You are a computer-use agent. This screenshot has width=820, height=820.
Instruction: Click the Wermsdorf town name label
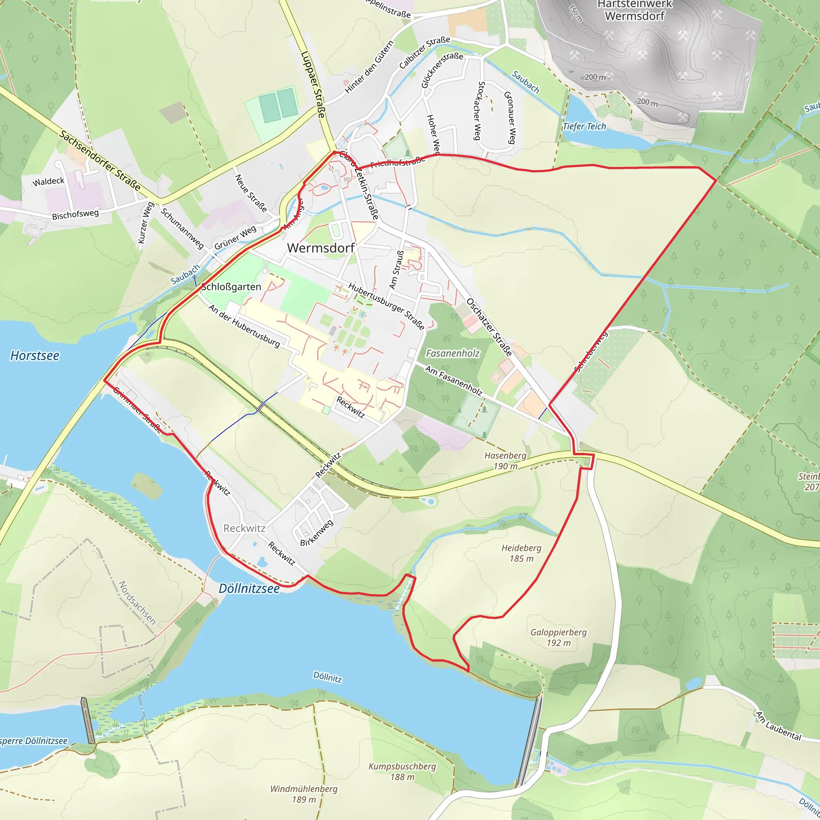click(320, 248)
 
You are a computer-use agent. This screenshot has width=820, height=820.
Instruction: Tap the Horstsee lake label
click(35, 356)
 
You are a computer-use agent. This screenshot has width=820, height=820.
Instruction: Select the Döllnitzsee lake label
click(249, 588)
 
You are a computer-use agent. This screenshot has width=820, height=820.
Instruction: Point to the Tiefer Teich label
click(584, 127)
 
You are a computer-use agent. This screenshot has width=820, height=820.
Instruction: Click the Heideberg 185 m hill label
click(521, 553)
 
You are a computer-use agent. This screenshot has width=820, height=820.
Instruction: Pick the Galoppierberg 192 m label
click(559, 637)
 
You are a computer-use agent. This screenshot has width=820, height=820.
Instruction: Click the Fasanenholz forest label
click(452, 353)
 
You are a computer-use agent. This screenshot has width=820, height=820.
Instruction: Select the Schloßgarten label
click(231, 287)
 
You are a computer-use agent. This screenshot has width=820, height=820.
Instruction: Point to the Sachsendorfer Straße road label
click(100, 161)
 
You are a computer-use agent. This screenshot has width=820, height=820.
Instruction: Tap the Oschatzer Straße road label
click(489, 327)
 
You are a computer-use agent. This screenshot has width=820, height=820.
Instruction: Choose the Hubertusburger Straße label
click(386, 305)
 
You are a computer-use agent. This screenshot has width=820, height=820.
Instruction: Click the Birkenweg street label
click(317, 533)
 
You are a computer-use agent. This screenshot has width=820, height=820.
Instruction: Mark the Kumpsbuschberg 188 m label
click(402, 772)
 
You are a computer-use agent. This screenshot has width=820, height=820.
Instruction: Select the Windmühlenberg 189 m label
click(304, 794)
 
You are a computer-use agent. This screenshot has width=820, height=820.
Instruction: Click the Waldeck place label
click(48, 182)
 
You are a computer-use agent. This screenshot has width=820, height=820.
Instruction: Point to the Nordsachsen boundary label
click(137, 603)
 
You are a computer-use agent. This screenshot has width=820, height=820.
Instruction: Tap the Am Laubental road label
click(778, 726)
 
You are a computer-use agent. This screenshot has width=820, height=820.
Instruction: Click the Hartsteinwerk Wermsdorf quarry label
click(635, 11)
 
